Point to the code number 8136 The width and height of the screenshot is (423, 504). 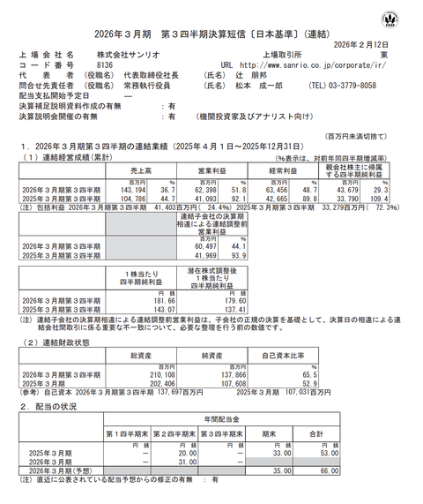[x=104, y=64]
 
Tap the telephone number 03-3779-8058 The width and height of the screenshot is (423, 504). [x=372, y=87]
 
